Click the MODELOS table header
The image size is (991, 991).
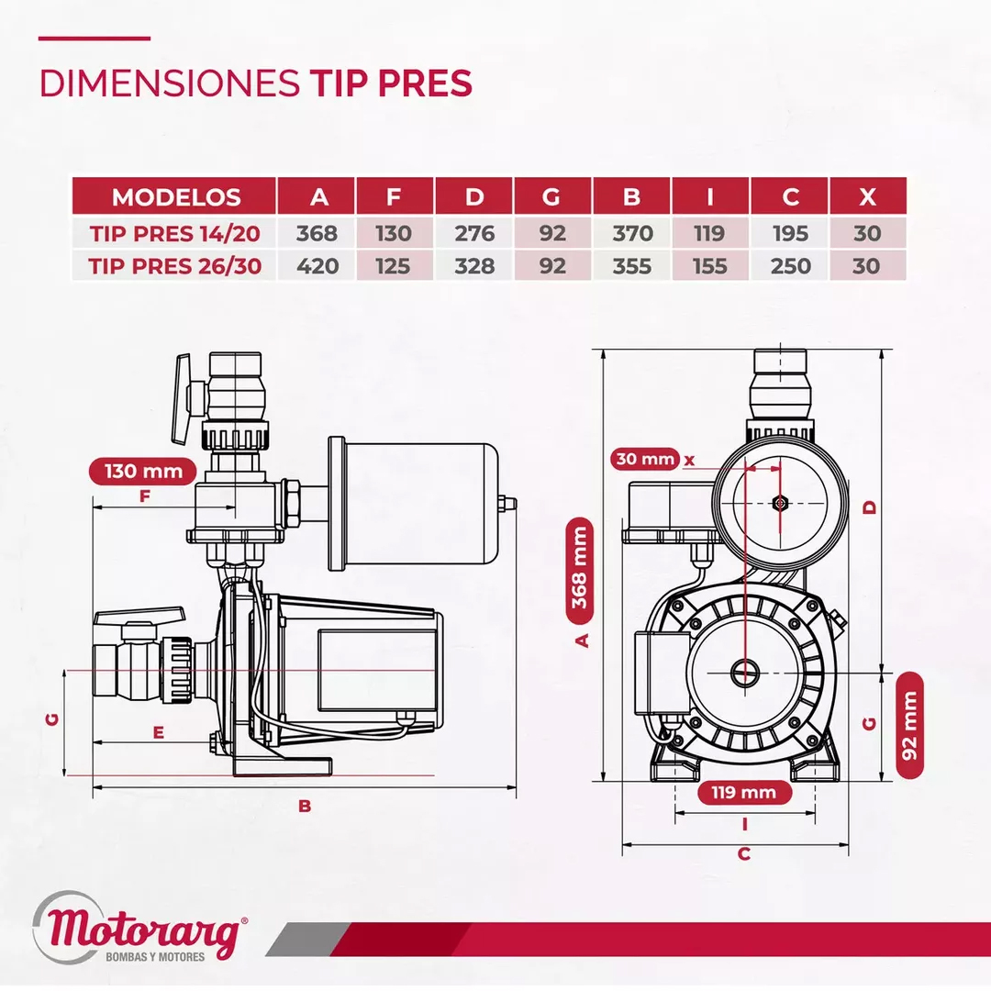coord(175,197)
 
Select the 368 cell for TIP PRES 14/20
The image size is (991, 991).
coord(317,233)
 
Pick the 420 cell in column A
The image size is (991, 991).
coord(317,266)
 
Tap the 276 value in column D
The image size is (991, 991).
coord(474,233)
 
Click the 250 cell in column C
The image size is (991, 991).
coord(791,266)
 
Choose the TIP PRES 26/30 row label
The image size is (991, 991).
coord(174,266)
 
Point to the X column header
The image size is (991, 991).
coord(867,197)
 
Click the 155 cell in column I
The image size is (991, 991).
coord(709,266)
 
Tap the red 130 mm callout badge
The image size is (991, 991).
coord(143,472)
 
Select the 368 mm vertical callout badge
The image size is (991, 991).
coord(580,570)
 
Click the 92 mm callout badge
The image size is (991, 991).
coord(910,725)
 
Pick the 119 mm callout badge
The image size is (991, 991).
coord(744,793)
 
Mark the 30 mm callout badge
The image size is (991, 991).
coord(645,459)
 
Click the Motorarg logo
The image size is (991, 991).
coord(139,928)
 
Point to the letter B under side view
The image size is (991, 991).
coord(305,807)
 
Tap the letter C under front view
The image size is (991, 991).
coord(744,854)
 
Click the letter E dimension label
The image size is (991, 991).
coord(159,732)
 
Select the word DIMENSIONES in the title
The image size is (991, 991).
coord(170,83)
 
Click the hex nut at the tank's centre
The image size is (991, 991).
coord(780,503)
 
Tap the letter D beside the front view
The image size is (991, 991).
coord(870,507)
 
